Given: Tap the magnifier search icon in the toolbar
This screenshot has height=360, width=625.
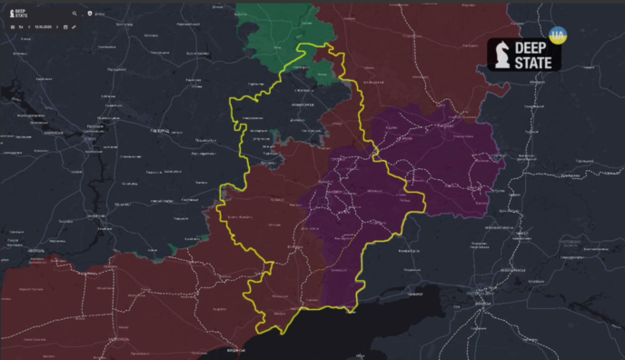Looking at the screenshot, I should tap(74, 14).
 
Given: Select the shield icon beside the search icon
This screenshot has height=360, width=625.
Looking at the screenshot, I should tap(89, 14).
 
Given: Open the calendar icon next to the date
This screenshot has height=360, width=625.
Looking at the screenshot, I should tap(65, 27).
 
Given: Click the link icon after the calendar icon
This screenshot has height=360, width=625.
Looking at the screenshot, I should tap(74, 27).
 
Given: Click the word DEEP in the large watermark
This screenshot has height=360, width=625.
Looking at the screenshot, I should tap(537, 48).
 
